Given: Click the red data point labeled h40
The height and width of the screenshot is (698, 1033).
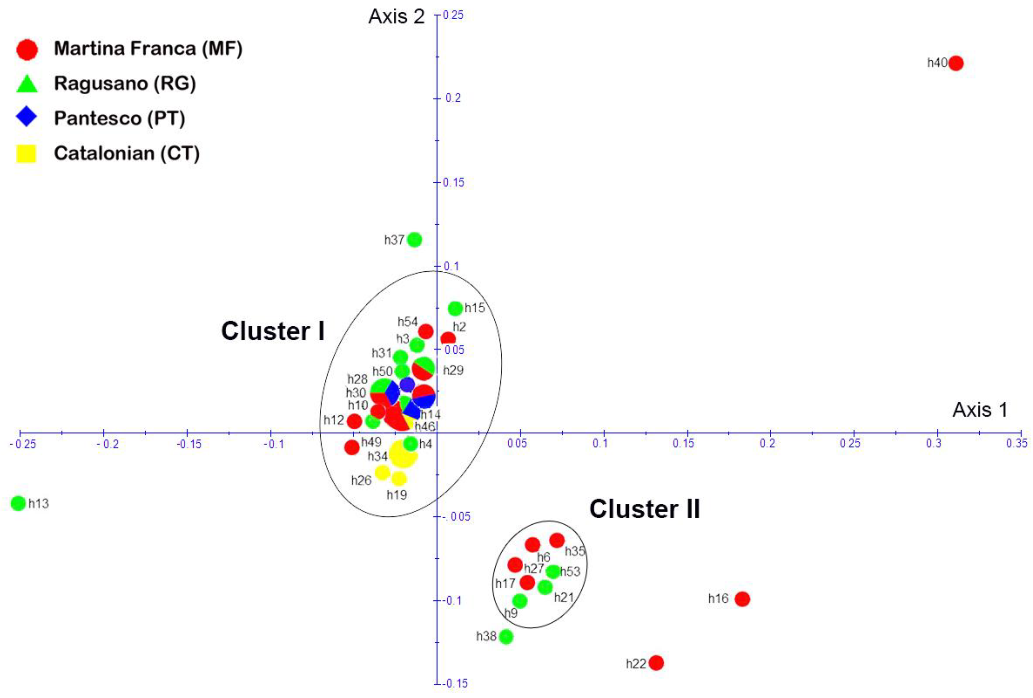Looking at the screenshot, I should click(956, 63).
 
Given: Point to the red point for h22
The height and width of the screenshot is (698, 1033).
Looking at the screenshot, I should click(656, 663).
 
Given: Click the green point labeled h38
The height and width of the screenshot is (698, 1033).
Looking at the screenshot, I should click(506, 637).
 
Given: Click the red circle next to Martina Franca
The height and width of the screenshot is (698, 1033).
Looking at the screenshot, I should click(27, 49).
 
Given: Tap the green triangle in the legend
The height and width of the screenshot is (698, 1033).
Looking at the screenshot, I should click(27, 84).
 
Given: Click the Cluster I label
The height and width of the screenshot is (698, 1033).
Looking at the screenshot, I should click(273, 331).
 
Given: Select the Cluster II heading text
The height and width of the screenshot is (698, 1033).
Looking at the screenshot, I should click(645, 509).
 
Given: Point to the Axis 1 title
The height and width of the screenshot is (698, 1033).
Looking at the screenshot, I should click(980, 410).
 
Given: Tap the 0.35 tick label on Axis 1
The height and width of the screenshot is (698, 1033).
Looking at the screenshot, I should click(1017, 443).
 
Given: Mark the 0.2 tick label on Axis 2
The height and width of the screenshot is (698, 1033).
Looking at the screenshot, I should click(453, 98).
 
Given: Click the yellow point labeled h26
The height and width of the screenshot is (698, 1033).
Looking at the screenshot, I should click(382, 472).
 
